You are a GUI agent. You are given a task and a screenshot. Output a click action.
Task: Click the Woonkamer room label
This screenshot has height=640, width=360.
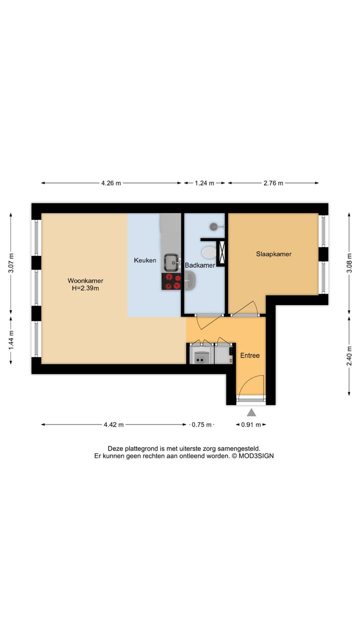click(85, 280)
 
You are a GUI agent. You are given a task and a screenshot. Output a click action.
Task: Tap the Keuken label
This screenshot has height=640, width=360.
click(145, 260)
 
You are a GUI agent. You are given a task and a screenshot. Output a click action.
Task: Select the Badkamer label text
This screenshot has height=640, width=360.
click(200, 265)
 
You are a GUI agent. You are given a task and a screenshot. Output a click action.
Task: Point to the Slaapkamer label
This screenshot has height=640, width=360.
click(273, 254)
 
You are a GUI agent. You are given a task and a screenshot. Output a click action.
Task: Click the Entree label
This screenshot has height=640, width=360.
click(250, 355)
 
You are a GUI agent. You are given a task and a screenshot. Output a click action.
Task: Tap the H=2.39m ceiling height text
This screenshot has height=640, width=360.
click(85, 288)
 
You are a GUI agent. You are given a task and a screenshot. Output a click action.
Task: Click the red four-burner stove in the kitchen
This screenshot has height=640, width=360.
click(171, 281)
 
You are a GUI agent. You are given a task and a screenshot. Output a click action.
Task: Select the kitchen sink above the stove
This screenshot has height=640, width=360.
click(171, 261)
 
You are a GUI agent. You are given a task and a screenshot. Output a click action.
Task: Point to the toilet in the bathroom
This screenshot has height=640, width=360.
click(208, 250)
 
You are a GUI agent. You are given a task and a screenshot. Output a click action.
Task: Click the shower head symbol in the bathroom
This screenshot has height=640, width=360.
click(214, 226)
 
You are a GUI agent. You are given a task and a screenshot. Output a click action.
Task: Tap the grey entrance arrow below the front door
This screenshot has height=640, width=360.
click(251, 412)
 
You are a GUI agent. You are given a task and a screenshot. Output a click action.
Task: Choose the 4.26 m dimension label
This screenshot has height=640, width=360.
click(111, 183)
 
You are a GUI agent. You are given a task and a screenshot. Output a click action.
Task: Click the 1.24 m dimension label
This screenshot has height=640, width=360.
click(204, 183)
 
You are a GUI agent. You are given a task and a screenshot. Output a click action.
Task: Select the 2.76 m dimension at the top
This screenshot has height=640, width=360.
click(273, 183)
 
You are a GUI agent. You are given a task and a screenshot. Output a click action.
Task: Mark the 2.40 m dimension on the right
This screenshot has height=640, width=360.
click(349, 355)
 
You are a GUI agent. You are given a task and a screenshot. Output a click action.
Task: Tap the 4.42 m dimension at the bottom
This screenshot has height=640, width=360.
click(113, 424)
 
